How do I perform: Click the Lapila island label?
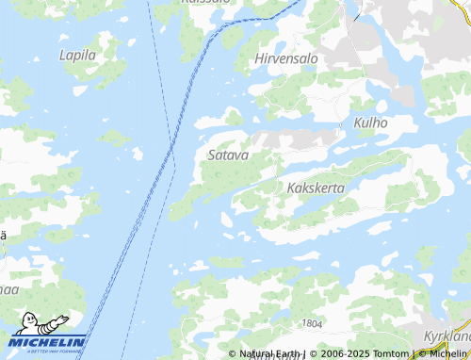coord(78,55)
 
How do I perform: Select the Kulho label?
coord(370,123)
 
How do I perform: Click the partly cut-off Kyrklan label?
coord(447,336)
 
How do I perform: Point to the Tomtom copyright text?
coord(382,354)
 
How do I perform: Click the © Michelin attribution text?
coord(442,354)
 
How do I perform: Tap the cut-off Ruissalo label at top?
coord(205,3)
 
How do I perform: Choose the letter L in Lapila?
coord(63,55)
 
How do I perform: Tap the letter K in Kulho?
coord(358,123)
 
